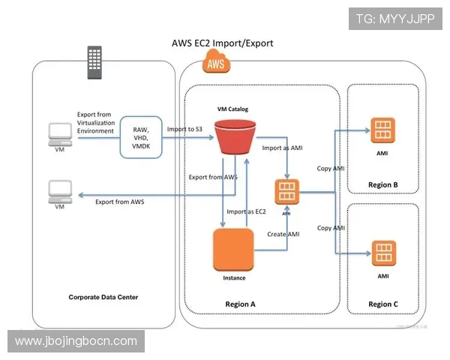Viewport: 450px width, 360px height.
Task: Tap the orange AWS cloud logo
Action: pyautogui.click(x=215, y=65)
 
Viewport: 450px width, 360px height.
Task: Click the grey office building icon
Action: pyautogui.click(x=94, y=59)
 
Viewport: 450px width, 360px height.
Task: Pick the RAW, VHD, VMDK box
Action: pyautogui.click(x=140, y=134)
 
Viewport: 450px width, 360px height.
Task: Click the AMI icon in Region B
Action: pyautogui.click(x=382, y=130)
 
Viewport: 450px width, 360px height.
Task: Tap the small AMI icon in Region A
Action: pyautogui.click(x=286, y=192)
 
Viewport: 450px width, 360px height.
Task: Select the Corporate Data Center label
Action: pyautogui.click(x=103, y=298)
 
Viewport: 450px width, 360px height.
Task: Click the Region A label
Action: pyautogui.click(x=241, y=304)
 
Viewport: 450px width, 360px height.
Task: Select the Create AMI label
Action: pyautogui.click(x=283, y=235)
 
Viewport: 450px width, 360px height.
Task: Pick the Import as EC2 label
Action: pyautogui.click(x=247, y=211)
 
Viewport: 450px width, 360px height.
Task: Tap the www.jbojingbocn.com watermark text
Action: pyautogui.click(x=76, y=341)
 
